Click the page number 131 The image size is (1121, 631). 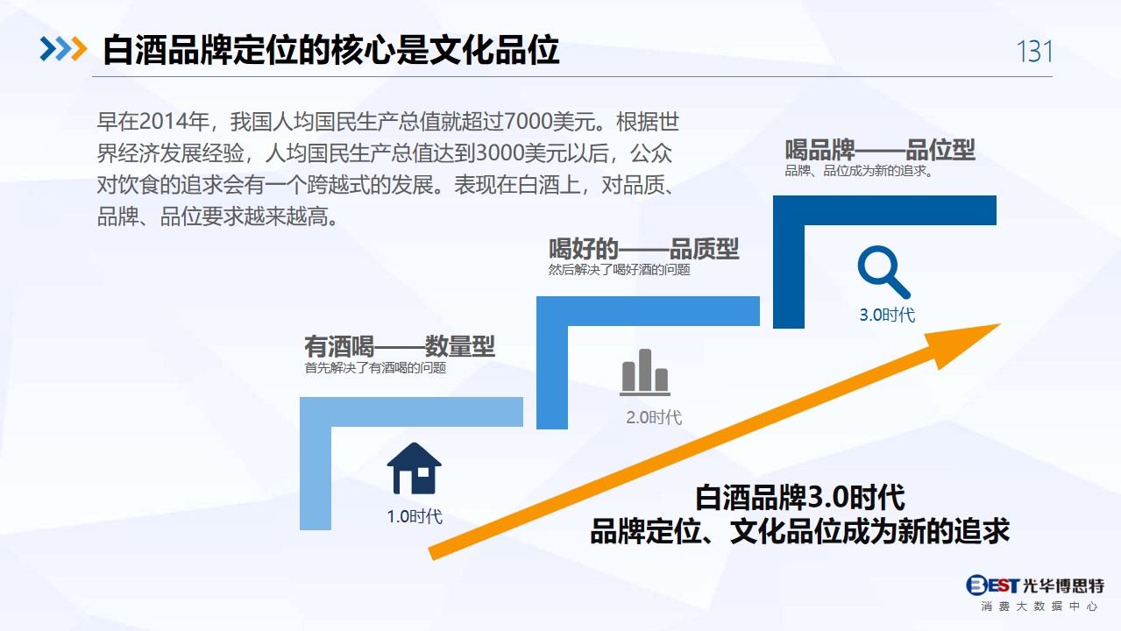(x=1034, y=52)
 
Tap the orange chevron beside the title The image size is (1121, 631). (x=79, y=49)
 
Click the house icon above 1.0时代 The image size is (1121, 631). (x=414, y=468)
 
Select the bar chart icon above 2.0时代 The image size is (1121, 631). (x=644, y=372)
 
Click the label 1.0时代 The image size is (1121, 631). (x=415, y=516)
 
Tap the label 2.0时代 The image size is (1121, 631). (x=654, y=417)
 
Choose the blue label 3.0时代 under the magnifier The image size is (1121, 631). (x=887, y=315)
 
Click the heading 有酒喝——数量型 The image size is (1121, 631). (x=400, y=346)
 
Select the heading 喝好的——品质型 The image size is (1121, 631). (x=643, y=248)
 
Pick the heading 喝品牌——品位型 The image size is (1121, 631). (x=880, y=150)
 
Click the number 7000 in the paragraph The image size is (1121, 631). (x=529, y=122)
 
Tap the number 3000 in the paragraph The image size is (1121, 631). (x=500, y=153)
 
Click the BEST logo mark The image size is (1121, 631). (x=993, y=585)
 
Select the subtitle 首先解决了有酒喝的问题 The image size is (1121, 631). (x=375, y=368)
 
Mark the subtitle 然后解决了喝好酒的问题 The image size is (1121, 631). (x=619, y=270)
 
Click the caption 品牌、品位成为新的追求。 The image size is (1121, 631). (x=859, y=171)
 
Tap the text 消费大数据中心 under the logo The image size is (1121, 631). (x=1039, y=606)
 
